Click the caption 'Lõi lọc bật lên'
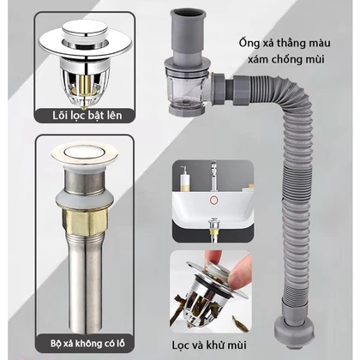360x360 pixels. click(x=87, y=116)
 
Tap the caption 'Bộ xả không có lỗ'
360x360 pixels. click(x=87, y=343)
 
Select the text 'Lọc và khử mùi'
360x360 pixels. click(x=209, y=345)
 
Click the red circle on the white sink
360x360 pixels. click(x=213, y=200)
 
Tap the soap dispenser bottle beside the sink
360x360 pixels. click(x=183, y=178)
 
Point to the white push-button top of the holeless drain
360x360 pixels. click(x=85, y=152)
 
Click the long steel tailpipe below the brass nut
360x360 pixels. click(x=85, y=283)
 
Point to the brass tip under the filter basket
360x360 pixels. click(x=83, y=108)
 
